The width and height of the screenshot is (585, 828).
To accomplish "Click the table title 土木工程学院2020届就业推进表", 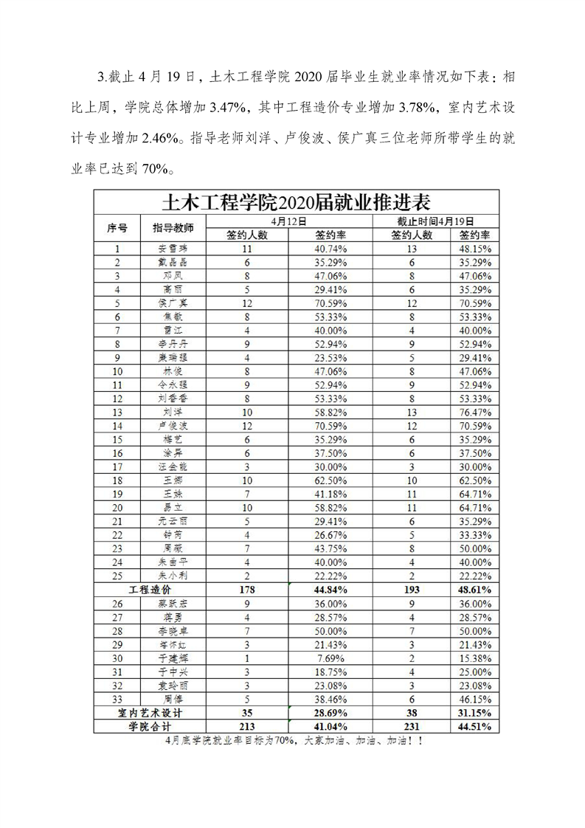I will [296, 201].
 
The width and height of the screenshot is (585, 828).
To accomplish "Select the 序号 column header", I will [117, 228].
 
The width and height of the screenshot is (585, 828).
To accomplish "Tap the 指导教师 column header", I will [173, 228].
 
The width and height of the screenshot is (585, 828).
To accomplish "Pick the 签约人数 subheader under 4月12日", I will [246, 235].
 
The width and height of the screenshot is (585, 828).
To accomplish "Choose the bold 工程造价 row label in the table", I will [150, 591].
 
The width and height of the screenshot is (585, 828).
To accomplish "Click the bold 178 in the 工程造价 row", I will [246, 591].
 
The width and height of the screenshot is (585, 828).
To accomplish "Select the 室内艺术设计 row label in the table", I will [150, 714].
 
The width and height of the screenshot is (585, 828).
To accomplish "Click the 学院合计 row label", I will [150, 727].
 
